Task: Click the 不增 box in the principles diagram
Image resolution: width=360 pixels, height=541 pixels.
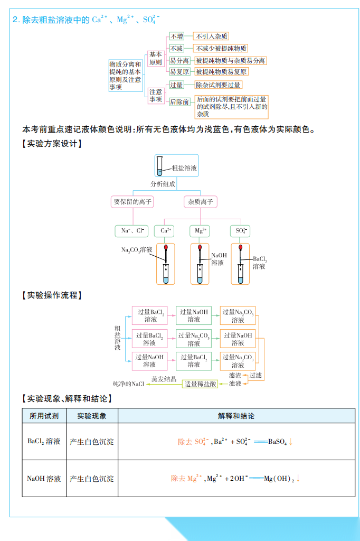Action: coord(176,36)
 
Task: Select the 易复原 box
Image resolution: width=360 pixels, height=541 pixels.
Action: coord(179,71)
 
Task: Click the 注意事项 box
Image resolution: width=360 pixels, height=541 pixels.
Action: coord(156,96)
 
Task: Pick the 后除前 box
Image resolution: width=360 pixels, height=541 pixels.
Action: coord(179,101)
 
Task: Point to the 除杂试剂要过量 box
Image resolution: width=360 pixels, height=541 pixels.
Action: coord(218,85)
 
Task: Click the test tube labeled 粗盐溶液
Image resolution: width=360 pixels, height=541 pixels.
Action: coord(160,166)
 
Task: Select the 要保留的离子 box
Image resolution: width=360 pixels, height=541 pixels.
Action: coord(132,202)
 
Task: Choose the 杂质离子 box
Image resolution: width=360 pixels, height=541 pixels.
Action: coord(200,202)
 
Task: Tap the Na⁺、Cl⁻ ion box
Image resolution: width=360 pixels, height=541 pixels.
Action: coord(132,231)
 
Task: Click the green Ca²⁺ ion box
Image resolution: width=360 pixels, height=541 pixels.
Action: coord(165,231)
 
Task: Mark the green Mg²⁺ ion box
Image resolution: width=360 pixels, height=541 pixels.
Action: coord(200,231)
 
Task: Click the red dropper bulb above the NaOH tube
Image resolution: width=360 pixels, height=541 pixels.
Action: coord(200,247)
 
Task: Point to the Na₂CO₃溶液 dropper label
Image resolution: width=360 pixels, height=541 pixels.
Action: coord(136,250)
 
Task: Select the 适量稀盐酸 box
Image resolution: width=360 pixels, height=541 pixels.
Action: coord(201,384)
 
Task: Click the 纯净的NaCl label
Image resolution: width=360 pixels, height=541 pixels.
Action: coord(128,384)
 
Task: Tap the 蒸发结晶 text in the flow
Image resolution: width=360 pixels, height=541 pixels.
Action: coord(164,379)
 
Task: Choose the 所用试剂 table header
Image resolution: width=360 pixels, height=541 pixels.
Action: coord(44,416)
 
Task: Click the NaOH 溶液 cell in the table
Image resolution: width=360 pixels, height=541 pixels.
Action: coord(44,479)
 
